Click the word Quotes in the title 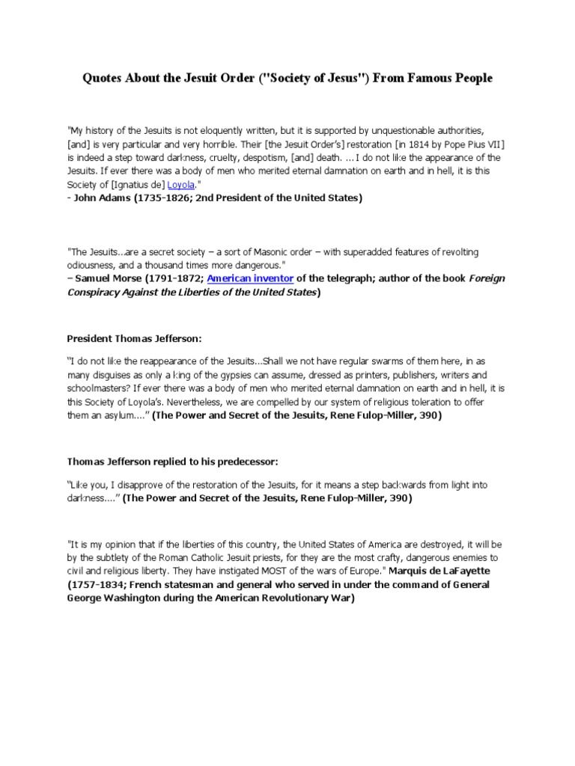[103, 78]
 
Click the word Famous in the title [420, 78]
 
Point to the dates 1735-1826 [166, 198]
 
